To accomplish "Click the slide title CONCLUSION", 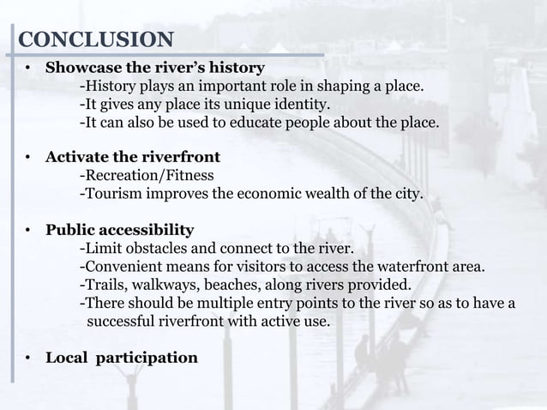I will (x=95, y=39).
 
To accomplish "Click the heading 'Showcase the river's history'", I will (x=155, y=68).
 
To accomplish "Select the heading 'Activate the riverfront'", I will (x=133, y=157).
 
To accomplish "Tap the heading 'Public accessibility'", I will (x=119, y=230).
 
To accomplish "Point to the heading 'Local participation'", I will (x=121, y=356).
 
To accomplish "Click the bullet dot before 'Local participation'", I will (x=28, y=357).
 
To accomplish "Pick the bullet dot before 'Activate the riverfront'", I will (x=28, y=158).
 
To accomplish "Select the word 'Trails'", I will (x=101, y=285).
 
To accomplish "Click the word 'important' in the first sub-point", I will (x=219, y=87).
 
